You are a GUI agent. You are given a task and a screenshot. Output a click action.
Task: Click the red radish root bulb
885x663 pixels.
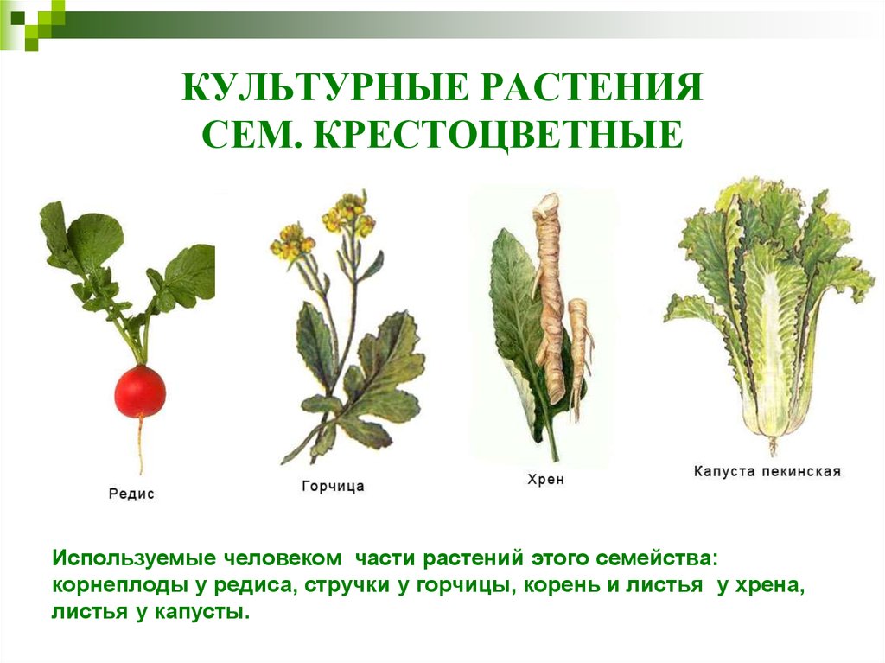point(140,391)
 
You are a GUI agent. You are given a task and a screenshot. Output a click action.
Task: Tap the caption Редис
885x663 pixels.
point(131,494)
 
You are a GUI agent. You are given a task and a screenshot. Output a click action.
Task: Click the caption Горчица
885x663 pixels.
point(333,487)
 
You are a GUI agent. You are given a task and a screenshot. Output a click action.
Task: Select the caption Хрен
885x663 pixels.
point(546,480)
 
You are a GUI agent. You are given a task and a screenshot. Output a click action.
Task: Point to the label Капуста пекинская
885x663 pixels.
point(767,471)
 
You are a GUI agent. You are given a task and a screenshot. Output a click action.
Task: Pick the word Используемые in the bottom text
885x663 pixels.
point(134,558)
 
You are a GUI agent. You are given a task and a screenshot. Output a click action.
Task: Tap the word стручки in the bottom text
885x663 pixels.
point(347,585)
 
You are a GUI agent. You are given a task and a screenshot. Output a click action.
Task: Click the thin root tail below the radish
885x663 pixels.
point(141,446)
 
